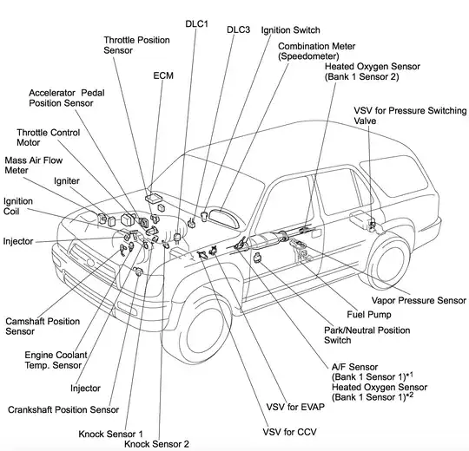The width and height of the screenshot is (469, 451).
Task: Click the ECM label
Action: tap(163, 75)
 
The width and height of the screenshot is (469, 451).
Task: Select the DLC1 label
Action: tap(196, 23)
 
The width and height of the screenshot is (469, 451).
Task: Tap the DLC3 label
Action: tap(239, 29)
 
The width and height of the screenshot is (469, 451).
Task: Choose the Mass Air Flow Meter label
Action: tap(29, 166)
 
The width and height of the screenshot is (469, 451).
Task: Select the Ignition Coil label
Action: tap(18, 206)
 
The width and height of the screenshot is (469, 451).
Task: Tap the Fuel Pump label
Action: tap(369, 314)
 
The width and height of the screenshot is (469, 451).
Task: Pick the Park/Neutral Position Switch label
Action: tap(355, 336)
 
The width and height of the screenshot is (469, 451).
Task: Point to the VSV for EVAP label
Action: tap(292, 406)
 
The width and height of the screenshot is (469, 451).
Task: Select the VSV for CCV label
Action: tap(291, 431)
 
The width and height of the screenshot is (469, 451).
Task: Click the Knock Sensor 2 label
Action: tap(156, 443)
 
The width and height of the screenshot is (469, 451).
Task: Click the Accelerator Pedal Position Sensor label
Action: tap(73, 97)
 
